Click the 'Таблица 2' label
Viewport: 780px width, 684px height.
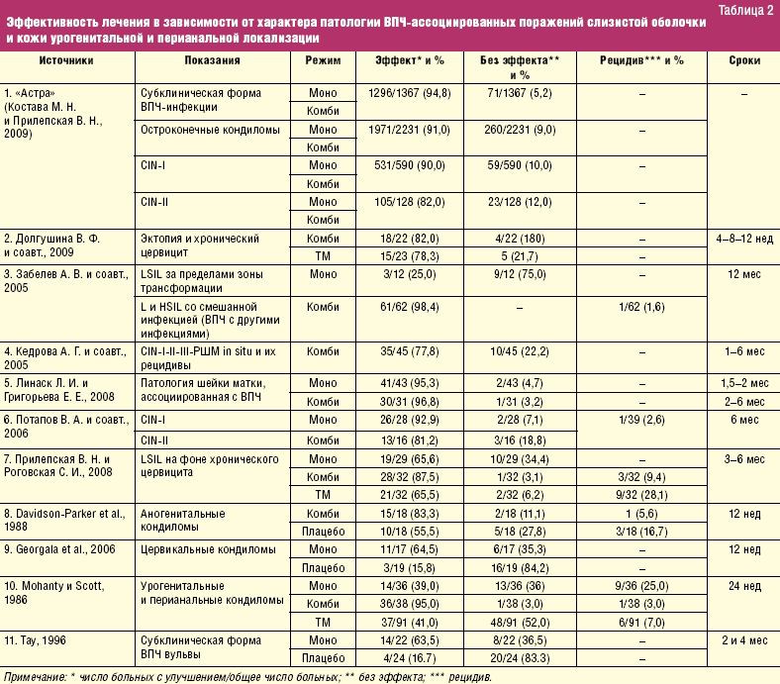point(745,11)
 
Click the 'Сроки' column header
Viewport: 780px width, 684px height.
point(743,60)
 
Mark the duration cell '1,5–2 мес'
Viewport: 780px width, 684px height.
point(743,381)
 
